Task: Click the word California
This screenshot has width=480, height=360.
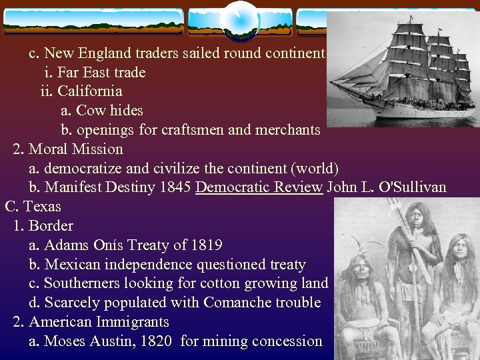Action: tap(89, 91)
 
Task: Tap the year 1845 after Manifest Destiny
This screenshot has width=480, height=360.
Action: tap(175, 187)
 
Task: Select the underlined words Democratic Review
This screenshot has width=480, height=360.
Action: tap(259, 187)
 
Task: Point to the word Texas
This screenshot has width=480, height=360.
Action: tap(43, 207)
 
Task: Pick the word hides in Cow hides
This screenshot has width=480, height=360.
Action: tap(126, 110)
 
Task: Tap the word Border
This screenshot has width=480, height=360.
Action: tap(51, 226)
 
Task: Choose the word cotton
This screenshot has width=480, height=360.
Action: tap(223, 283)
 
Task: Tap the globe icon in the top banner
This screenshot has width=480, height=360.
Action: tap(239, 20)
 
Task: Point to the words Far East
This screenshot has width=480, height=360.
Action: tap(85, 71)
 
